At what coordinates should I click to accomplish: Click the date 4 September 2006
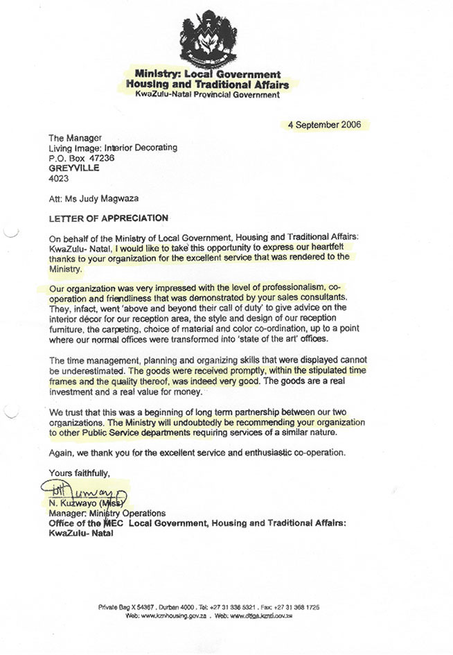(325, 125)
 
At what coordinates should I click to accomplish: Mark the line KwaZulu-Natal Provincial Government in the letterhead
(208, 95)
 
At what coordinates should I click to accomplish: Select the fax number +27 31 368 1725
(296, 607)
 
